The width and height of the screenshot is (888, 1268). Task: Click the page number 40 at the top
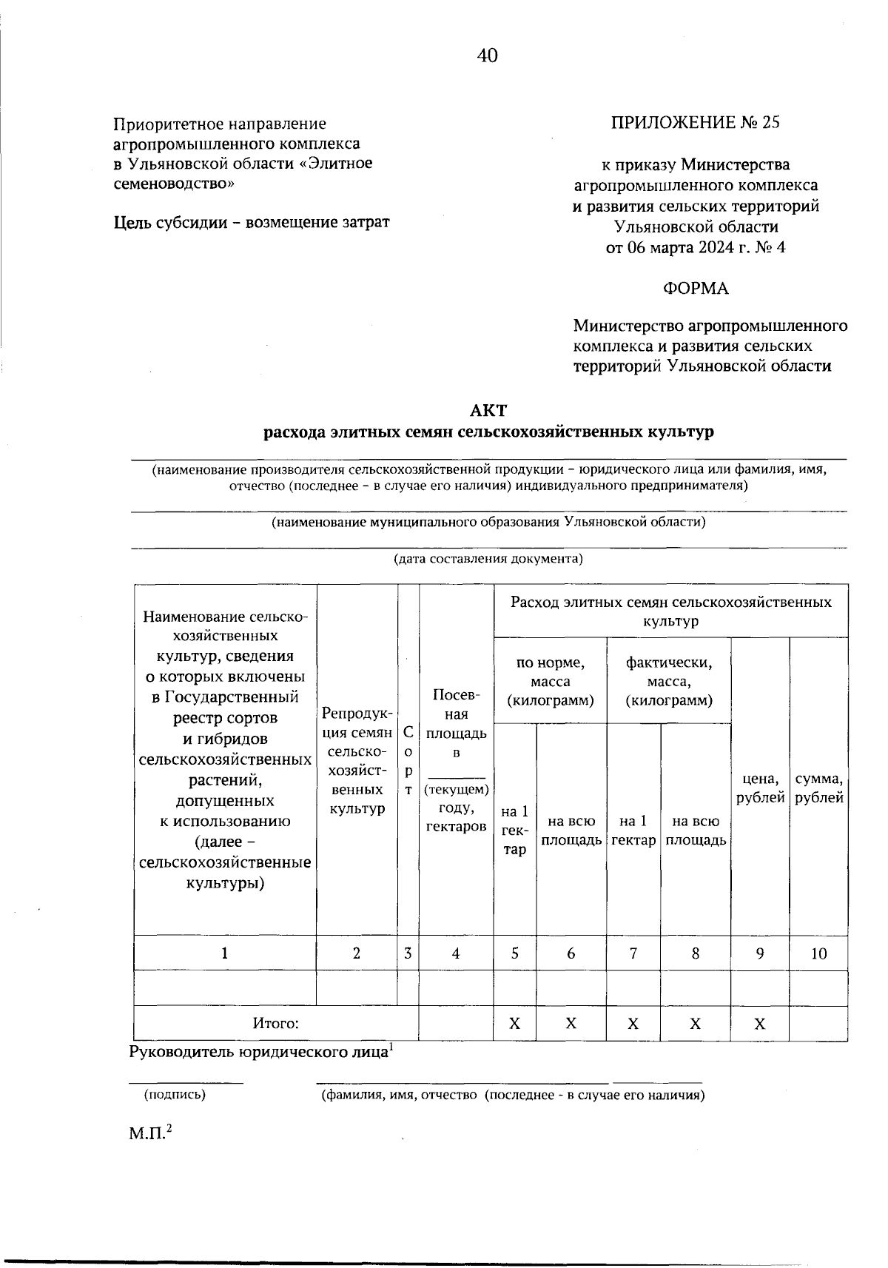488,56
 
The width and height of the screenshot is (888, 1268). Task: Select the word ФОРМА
696,289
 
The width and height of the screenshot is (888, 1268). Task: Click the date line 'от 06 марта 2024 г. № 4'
696,247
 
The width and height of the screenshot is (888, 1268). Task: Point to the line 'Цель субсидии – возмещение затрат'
252,222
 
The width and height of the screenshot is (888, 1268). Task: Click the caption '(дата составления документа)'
488,559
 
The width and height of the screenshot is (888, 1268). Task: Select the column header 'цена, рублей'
760,788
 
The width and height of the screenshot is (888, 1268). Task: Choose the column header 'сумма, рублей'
819,788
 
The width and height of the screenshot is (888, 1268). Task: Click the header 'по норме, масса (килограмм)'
550,681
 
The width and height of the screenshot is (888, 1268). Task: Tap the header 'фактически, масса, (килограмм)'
669,681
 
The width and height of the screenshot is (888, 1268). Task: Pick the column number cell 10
818,954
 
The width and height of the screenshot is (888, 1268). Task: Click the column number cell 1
225,954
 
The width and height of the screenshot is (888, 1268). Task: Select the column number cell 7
633,954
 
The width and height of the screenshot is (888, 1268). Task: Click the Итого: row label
276,1024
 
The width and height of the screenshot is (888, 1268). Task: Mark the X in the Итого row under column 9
760,1024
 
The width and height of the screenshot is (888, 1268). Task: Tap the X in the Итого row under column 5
514,1024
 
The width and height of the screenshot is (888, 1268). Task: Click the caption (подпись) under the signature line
175,1095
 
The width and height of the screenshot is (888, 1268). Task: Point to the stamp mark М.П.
150,1133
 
